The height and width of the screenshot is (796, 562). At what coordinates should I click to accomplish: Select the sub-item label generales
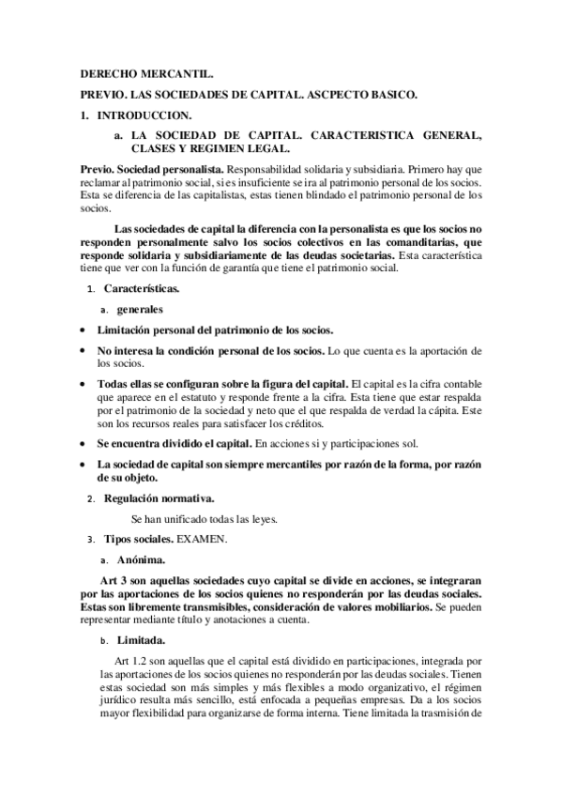(x=139, y=308)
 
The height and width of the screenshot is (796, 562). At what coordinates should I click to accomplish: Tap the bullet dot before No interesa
(x=84, y=350)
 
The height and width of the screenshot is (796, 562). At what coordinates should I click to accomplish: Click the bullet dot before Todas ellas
(x=84, y=385)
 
